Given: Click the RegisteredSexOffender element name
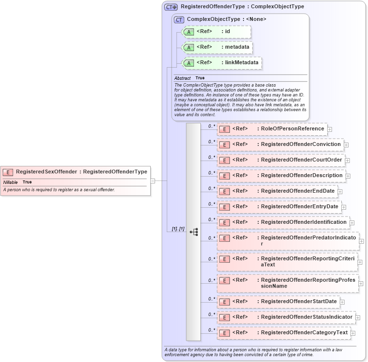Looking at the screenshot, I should [x=47, y=172].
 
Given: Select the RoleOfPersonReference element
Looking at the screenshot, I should [x=292, y=129].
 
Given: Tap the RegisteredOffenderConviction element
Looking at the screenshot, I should [x=299, y=145].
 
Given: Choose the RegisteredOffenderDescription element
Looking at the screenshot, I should [x=301, y=176].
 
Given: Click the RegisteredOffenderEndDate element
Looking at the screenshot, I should [x=298, y=191].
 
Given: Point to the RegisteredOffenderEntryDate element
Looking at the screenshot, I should [x=299, y=207].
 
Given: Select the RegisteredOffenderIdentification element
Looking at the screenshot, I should [x=303, y=222].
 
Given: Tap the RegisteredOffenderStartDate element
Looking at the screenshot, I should [x=298, y=302].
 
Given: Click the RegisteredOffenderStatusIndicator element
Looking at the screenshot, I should [x=306, y=317].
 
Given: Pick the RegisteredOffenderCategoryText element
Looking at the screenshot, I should [x=304, y=333].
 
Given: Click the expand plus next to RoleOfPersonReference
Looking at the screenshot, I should [x=330, y=129].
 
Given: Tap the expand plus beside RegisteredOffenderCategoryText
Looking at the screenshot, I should [x=353, y=333].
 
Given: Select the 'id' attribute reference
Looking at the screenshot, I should [x=227, y=32].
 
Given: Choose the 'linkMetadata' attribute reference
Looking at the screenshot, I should [x=241, y=63].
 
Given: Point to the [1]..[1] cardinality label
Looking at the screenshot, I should [x=178, y=229].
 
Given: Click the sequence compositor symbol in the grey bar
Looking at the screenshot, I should [x=193, y=232].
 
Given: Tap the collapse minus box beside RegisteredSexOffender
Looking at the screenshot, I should [x=153, y=181].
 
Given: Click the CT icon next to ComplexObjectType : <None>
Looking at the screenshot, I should [x=179, y=20].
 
